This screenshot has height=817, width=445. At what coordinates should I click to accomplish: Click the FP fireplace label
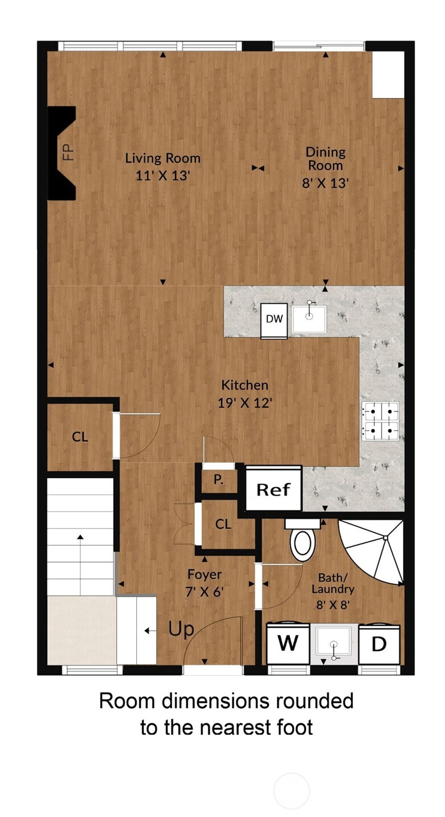(68, 153)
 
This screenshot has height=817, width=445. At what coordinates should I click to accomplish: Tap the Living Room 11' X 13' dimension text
(163, 175)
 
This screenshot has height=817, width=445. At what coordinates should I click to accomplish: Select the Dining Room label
(325, 158)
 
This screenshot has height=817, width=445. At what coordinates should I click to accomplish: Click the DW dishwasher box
(274, 320)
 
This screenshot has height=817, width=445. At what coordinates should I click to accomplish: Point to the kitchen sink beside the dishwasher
(309, 319)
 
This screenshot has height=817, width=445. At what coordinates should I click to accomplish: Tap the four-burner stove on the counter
(380, 421)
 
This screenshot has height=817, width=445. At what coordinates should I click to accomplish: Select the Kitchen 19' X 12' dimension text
(245, 403)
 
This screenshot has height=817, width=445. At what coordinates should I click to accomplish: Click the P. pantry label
(218, 479)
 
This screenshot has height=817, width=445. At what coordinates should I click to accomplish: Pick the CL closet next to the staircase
(80, 437)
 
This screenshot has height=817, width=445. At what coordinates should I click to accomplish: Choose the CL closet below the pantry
(223, 524)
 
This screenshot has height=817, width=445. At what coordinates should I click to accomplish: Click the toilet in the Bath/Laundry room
(302, 539)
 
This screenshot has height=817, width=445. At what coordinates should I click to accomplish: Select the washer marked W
(288, 643)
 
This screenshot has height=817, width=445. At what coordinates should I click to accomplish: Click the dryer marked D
(379, 643)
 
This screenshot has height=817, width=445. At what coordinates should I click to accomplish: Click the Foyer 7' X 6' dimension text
(205, 592)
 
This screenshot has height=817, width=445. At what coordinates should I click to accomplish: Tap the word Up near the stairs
(181, 629)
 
